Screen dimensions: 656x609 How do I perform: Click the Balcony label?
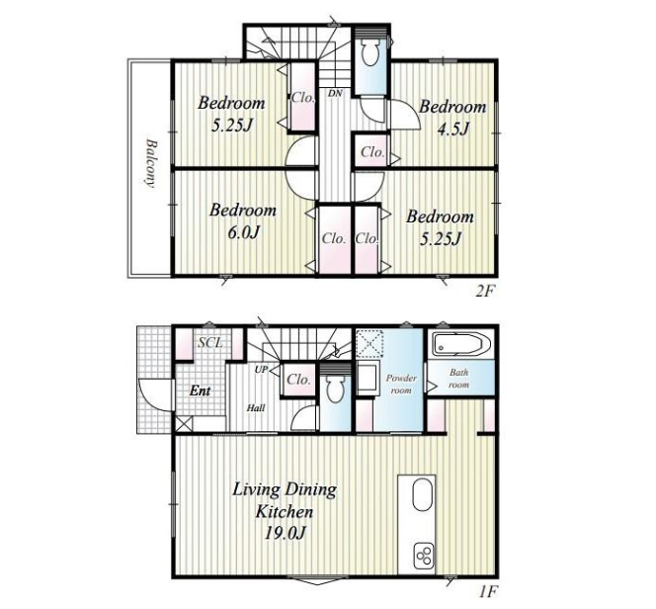coord(150,163)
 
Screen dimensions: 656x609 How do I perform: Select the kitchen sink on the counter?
coord(422,494)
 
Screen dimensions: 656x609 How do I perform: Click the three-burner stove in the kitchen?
coord(424,556)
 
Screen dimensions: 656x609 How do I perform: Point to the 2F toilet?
coord(369,51)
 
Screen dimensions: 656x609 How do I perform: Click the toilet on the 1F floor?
coord(335,390)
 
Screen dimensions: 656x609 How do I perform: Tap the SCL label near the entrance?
coord(210,343)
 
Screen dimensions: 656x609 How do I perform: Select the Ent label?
coord(200,391)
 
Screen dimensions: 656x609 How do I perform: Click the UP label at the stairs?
coord(261,370)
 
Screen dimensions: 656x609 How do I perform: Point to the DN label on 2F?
coord(335,94)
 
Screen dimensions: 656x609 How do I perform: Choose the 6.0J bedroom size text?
coord(244,232)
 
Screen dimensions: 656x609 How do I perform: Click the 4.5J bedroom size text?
coord(453,129)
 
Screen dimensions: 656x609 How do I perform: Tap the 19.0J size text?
coord(286,533)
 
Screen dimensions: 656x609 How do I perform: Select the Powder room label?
coord(401,385)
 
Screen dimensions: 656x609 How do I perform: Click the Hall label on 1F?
coord(256,407)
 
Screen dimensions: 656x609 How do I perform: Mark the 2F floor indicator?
coord(485,292)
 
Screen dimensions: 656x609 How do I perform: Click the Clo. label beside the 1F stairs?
coord(298,380)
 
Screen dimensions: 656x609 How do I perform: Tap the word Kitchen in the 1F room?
coord(285,511)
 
